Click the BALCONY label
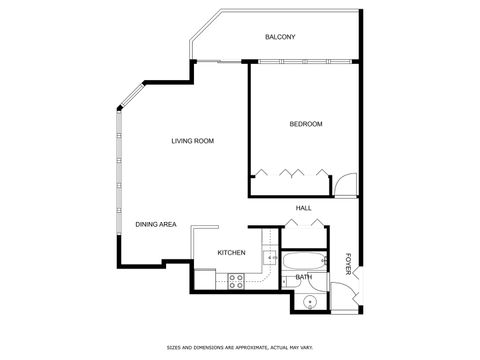(x=280, y=37)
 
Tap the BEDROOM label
(x=306, y=124)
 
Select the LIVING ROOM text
(x=192, y=141)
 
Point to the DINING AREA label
(x=156, y=224)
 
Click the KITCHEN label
(x=232, y=253)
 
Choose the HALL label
(x=303, y=208)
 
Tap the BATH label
(x=303, y=277)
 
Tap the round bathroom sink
(x=311, y=301)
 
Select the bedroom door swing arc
(x=344, y=184)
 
